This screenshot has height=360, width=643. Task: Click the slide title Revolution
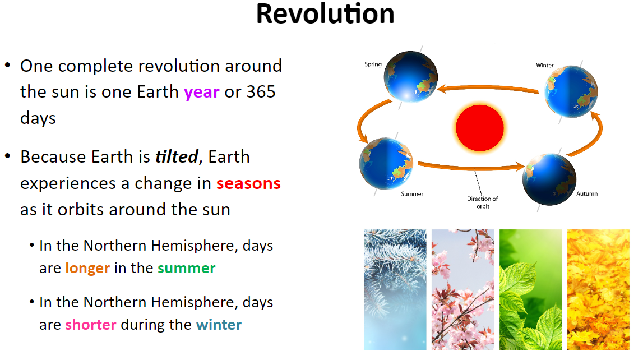point(325,14)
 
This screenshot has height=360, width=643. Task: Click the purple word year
point(201,93)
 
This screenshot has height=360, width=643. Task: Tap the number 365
point(261,92)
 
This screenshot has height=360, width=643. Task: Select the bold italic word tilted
point(177,156)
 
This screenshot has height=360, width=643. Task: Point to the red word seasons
point(248,184)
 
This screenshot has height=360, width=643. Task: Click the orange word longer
point(87,269)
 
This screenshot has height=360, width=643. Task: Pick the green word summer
point(187,269)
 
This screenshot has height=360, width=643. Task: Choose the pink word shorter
point(91,325)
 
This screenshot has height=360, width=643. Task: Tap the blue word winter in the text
point(219,325)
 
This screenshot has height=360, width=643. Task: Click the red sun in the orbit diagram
point(480,128)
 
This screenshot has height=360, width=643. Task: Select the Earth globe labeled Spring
point(410,77)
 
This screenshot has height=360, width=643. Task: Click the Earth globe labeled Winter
point(571,91)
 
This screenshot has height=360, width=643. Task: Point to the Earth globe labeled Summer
point(386,164)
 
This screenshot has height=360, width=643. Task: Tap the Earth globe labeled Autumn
point(549,179)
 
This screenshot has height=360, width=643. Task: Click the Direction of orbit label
point(483,202)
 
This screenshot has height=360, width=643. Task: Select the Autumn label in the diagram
point(587,193)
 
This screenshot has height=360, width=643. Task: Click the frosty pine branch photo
point(395,289)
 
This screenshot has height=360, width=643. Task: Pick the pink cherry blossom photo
point(462,289)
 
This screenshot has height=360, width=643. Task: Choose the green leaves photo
point(531,289)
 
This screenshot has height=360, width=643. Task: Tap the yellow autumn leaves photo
point(598,289)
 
